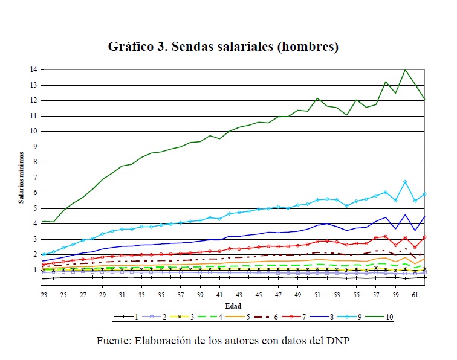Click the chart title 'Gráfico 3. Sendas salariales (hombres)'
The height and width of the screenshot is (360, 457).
coord(222,47)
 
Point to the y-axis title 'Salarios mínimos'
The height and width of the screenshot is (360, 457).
coord(21,178)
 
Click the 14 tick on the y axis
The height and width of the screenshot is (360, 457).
coord(34,70)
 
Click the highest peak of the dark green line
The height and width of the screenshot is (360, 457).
coord(405,70)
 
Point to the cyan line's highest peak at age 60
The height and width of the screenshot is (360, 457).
coord(405,182)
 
